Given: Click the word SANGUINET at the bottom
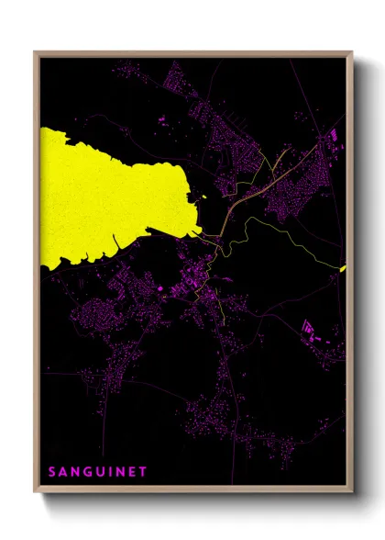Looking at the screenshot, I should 97,472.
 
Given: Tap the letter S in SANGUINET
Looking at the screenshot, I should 52,472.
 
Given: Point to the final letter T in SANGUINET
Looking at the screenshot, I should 143,472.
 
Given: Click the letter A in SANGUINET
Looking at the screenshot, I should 63,472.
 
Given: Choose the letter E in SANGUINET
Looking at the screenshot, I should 132,472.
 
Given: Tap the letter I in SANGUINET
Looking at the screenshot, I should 109,472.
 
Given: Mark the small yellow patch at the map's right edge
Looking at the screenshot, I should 343,268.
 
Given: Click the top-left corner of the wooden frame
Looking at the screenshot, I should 36,53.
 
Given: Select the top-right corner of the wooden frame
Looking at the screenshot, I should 351,53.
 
